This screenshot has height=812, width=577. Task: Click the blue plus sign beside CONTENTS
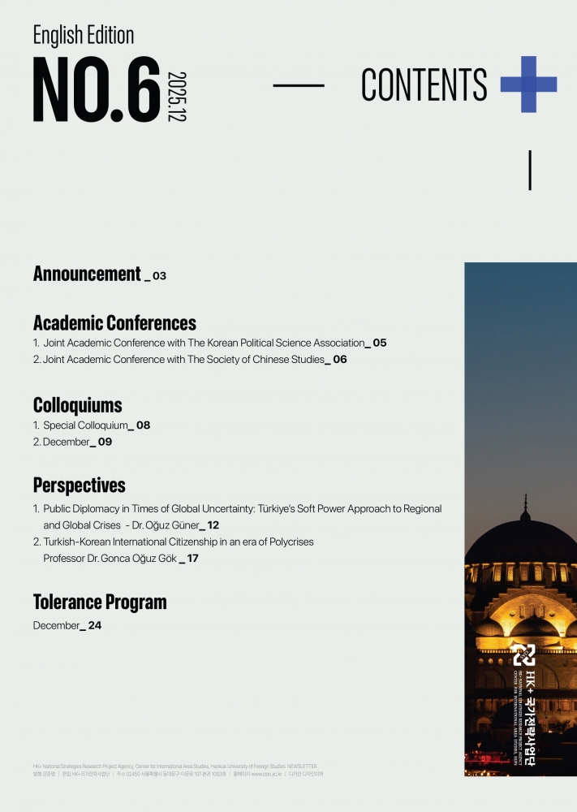528,84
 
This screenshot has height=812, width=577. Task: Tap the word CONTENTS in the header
424,84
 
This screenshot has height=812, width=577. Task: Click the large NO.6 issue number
96,89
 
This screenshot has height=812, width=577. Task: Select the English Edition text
83,35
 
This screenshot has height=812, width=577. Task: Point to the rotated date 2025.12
176,96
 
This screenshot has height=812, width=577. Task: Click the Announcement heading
87,274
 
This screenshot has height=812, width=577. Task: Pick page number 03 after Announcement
159,276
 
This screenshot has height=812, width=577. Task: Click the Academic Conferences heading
114,322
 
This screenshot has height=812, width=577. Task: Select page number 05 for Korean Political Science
380,343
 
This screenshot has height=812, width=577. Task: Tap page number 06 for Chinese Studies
339,359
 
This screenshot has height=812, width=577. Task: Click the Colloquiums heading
77,404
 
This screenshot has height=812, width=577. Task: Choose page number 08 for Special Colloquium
143,425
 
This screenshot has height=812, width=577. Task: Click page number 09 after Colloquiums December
105,442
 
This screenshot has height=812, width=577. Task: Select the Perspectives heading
79,486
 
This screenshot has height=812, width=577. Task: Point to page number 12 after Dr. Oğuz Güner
213,525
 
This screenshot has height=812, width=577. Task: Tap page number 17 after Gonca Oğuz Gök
192,559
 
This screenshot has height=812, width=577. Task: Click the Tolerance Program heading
100,603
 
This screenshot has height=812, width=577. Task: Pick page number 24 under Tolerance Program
94,625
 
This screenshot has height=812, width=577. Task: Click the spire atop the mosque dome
525,508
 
